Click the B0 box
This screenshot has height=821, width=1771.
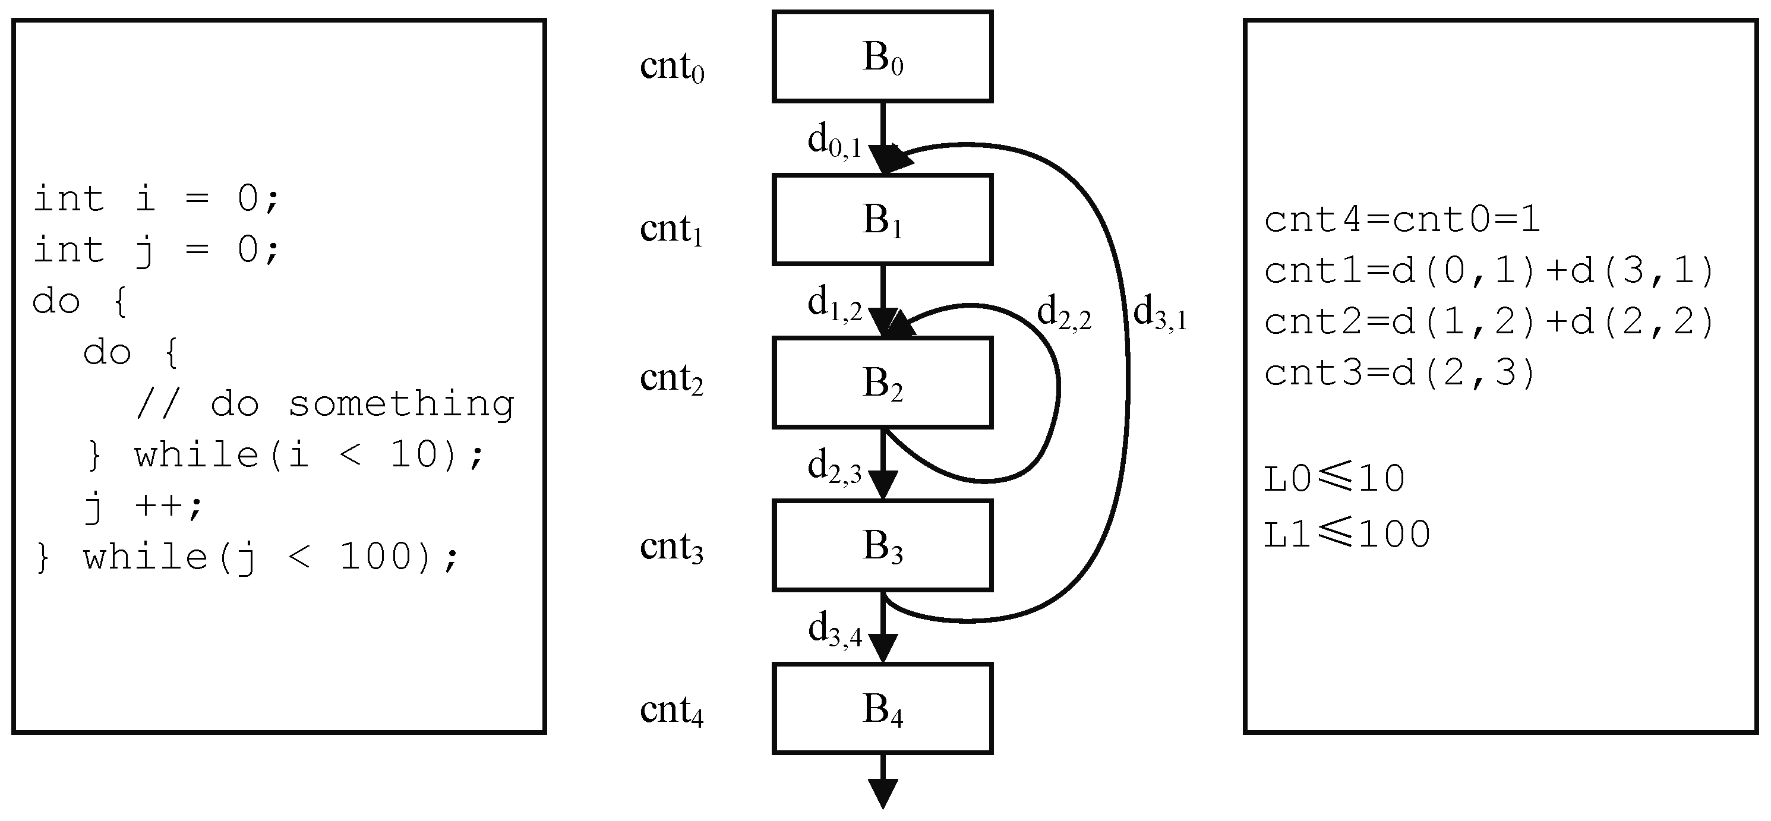coord(882,56)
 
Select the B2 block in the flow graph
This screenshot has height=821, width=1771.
coord(882,383)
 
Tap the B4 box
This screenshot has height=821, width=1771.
coord(882,708)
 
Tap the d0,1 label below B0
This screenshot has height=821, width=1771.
coord(834,141)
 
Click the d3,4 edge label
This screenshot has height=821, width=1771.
coord(835,630)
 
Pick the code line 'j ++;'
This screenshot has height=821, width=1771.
coord(144,506)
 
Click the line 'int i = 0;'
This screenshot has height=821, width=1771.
coord(156,199)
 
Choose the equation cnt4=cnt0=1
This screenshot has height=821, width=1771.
coord(1403,220)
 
